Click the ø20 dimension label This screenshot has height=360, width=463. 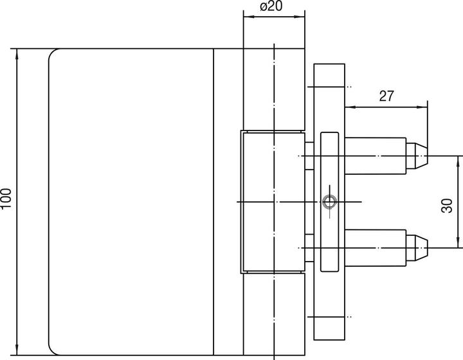(x=271, y=6)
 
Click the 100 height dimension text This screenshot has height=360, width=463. (x=6, y=198)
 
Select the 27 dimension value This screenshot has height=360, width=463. (x=386, y=96)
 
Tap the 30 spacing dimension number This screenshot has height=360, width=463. (x=447, y=206)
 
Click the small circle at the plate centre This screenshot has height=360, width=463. (x=329, y=202)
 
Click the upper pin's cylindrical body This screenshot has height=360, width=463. (x=376, y=156)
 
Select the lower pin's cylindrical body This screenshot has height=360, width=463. (x=376, y=248)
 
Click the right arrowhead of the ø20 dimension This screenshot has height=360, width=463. (x=300, y=17)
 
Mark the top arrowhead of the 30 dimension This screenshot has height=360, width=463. (x=458, y=161)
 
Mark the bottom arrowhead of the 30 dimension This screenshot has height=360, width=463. (x=458, y=242)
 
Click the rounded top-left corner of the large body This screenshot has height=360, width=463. (x=52, y=52)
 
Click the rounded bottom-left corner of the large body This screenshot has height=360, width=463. (x=52, y=352)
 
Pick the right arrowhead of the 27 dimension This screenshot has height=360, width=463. (x=422, y=107)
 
